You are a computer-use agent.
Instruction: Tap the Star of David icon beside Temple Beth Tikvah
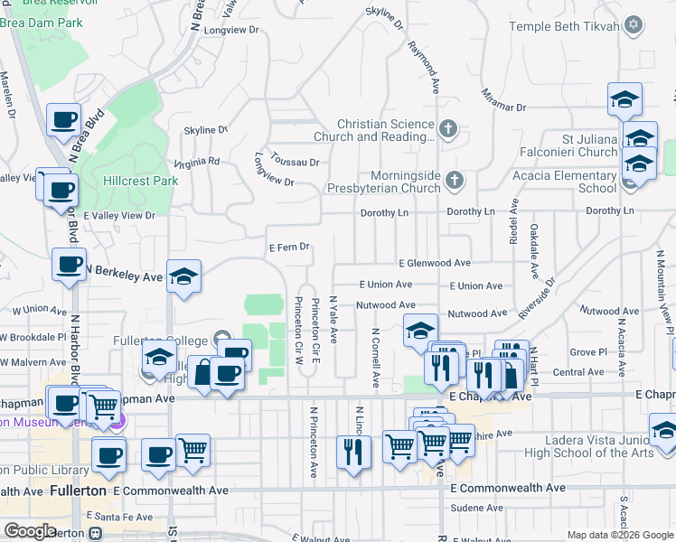coord(634,25)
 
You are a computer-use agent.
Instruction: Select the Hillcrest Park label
coord(140,181)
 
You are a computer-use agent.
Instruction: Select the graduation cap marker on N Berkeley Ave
coord(184,276)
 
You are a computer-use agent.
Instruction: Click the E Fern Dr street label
coord(289,247)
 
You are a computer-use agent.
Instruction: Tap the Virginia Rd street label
coord(197,163)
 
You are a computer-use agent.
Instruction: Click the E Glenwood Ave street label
coord(434,263)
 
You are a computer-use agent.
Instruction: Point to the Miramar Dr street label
coord(504,100)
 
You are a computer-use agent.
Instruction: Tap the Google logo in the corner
coord(30,531)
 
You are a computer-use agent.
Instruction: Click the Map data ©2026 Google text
coord(618,535)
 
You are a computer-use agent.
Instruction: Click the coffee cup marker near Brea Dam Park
coord(65,120)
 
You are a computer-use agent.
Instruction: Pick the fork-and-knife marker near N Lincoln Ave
coord(353,450)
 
